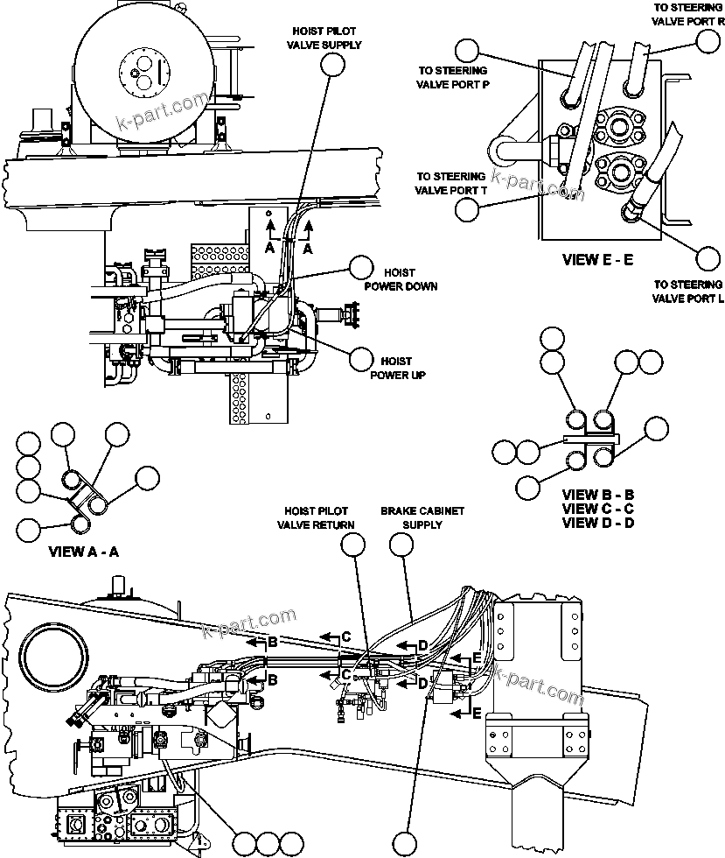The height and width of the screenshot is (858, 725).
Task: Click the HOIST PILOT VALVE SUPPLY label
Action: point(324,38)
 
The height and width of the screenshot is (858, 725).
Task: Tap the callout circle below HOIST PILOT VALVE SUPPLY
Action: point(331,64)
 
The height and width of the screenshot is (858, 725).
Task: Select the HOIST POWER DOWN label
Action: point(401,279)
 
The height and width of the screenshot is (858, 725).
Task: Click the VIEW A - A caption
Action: point(83,552)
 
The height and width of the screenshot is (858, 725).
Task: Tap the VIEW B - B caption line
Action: point(598,495)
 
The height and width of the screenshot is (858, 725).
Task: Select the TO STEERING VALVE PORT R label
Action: point(687,14)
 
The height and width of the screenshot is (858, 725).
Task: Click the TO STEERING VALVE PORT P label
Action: point(452,77)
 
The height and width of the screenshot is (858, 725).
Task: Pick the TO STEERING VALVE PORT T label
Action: point(450,183)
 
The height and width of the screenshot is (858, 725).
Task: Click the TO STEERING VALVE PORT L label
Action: point(687,292)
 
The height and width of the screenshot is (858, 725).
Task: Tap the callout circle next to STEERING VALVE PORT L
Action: point(708,258)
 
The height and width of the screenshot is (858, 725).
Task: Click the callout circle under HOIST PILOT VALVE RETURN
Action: point(353,545)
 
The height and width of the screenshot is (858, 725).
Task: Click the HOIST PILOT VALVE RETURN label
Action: point(316,517)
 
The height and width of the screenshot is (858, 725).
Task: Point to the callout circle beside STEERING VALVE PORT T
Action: point(468,207)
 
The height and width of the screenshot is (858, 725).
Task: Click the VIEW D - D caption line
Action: point(598,523)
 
